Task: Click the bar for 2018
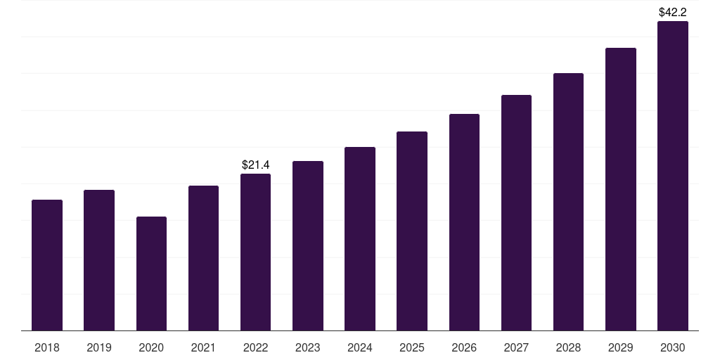click(47, 265)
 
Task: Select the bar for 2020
click(151, 274)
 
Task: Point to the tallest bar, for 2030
click(673, 176)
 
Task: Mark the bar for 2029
click(621, 189)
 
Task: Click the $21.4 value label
click(255, 165)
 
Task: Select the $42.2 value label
click(673, 12)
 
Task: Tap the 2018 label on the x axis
click(47, 347)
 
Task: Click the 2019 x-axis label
click(99, 347)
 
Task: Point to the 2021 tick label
click(203, 347)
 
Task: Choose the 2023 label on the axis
click(308, 347)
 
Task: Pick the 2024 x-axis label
click(360, 347)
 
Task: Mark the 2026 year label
click(464, 347)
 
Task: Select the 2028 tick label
click(568, 347)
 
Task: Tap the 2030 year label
click(673, 347)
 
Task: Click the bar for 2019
click(99, 260)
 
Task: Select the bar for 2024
click(360, 238)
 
